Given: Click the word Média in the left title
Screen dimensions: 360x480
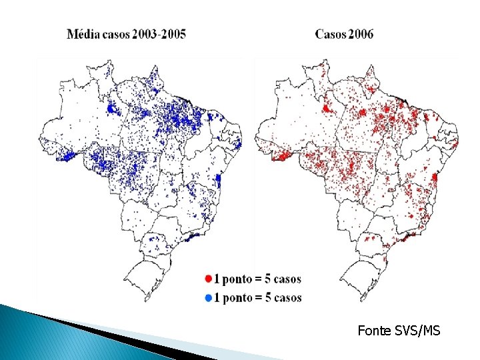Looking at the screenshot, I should (x=82, y=34).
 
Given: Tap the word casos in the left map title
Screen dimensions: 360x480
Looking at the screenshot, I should (x=115, y=34).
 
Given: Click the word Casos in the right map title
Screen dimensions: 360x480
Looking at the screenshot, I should (x=330, y=34).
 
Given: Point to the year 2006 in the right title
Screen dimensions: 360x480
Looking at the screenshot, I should (x=361, y=34).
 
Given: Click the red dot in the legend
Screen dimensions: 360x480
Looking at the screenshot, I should (x=209, y=279).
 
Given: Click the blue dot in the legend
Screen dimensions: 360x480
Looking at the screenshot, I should (x=209, y=297).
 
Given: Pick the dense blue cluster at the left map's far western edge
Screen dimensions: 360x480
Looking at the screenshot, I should (x=67, y=157).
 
